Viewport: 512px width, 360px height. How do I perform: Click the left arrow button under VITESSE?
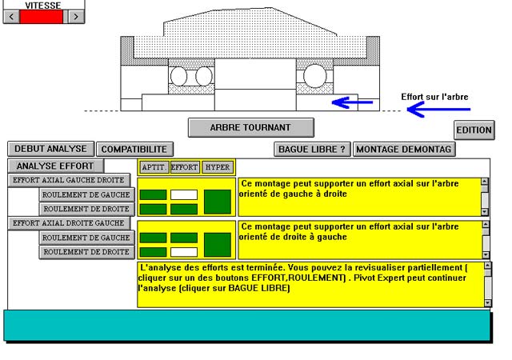pyautogui.click(x=11, y=16)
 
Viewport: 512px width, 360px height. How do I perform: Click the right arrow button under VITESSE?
pyautogui.click(x=75, y=16)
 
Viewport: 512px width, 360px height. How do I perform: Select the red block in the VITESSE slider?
pyautogui.click(x=43, y=16)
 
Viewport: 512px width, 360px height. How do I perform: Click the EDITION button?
pyautogui.click(x=474, y=130)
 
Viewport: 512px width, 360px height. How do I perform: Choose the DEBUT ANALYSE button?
pyautogui.click(x=51, y=149)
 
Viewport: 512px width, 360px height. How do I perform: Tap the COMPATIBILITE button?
pyautogui.click(x=134, y=149)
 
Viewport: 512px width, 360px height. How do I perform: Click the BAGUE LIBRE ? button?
pyautogui.click(x=312, y=149)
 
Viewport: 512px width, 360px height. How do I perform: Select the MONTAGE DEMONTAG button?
pyautogui.click(x=405, y=149)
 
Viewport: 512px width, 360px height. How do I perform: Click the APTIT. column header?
pyautogui.click(x=153, y=167)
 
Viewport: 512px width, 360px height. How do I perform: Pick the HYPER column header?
pyautogui.click(x=218, y=167)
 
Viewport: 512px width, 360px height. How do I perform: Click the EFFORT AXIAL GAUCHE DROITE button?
pyautogui.click(x=70, y=180)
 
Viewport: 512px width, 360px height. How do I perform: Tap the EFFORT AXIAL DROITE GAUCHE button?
pyautogui.click(x=70, y=223)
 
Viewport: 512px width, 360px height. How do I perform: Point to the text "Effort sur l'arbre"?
pyautogui.click(x=434, y=98)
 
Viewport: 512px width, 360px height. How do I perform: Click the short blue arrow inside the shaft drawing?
pyautogui.click(x=352, y=102)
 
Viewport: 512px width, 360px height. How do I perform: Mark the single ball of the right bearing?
pyautogui.click(x=315, y=76)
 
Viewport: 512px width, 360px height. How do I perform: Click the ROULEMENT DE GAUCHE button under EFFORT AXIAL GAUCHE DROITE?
pyautogui.click(x=86, y=194)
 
